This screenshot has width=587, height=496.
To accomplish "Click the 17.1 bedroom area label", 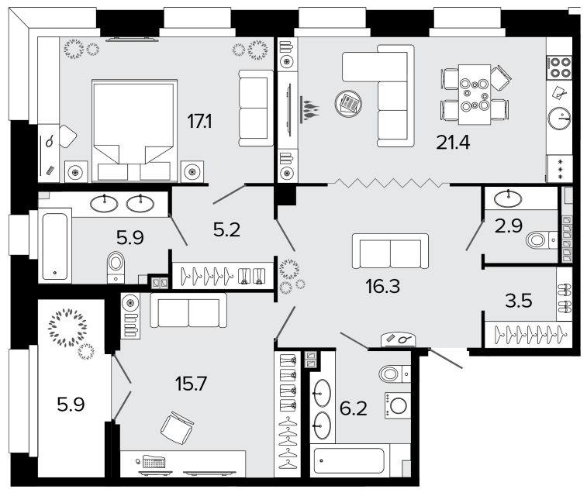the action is [x=199, y=122].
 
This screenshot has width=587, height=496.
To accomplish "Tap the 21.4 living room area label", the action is [x=453, y=143].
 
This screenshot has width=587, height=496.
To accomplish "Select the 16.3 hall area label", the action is [x=382, y=286].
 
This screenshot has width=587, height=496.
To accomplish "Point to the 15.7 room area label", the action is [x=191, y=384].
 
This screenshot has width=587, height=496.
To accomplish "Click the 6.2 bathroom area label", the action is [x=354, y=408].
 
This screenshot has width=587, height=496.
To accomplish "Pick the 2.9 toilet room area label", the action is [x=509, y=226].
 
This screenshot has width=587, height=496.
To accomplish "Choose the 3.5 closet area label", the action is [x=519, y=301].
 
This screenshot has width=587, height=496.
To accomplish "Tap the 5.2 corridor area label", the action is [x=226, y=229].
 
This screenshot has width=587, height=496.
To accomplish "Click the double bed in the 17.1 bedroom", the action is [x=134, y=130].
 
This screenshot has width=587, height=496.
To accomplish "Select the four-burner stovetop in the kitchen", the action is [x=559, y=67].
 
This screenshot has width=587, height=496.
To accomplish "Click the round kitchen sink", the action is [x=559, y=119].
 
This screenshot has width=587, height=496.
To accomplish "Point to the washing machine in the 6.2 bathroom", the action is [x=398, y=405].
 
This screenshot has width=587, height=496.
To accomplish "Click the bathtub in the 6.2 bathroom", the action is [x=349, y=460].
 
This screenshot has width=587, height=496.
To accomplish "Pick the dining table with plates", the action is [x=475, y=95].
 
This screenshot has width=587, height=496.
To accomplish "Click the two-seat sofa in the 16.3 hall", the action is [x=390, y=251].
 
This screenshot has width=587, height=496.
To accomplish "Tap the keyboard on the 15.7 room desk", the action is [x=154, y=462].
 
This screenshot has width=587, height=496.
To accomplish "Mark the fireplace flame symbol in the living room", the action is [x=309, y=109].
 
